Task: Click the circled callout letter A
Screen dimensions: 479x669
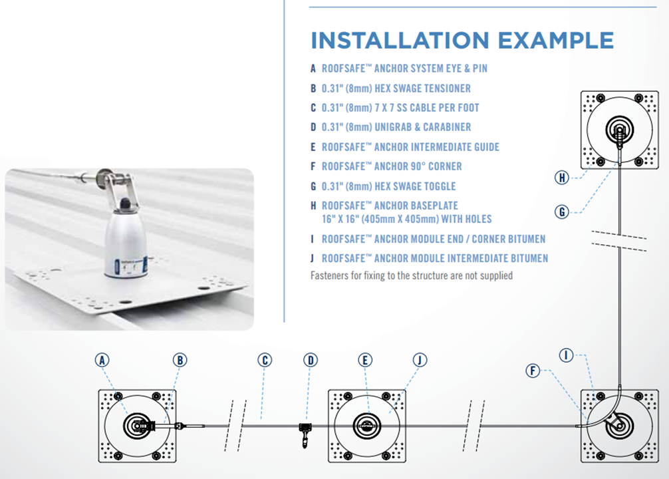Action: pos(102,360)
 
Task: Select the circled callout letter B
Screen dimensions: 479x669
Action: pos(180,360)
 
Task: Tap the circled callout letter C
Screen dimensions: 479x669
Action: pos(265,360)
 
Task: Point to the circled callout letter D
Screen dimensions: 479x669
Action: pos(311,360)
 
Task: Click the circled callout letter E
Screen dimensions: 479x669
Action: pos(365,360)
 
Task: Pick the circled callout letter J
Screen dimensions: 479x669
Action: pos(419,360)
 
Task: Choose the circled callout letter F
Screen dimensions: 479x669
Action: pos(533,371)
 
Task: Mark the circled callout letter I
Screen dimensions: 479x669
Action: pos(566,356)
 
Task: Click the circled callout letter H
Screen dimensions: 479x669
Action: pos(563,177)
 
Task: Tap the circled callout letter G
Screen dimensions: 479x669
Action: pos(563,212)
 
